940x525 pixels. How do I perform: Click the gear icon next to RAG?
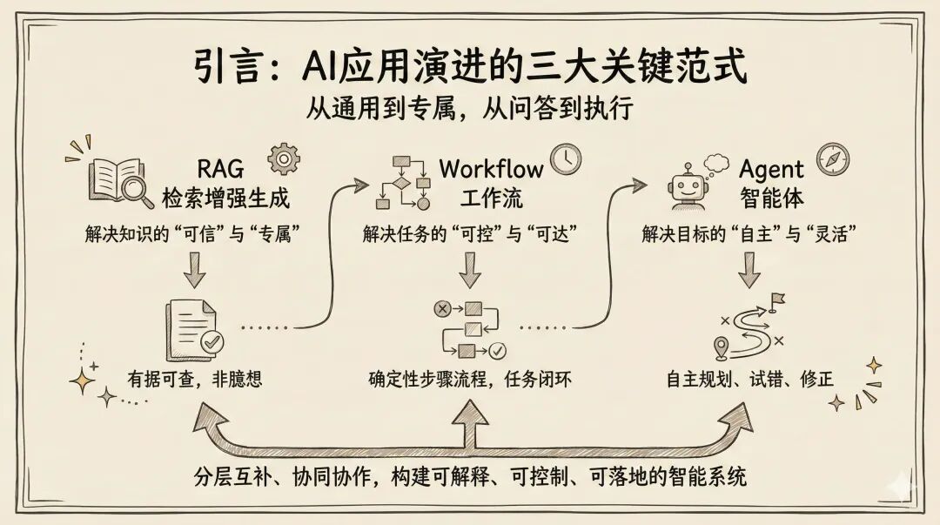coord(284,159)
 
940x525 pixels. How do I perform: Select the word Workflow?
coord(491,168)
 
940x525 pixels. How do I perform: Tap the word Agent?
coord(772,168)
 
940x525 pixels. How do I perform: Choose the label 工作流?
coord(491,198)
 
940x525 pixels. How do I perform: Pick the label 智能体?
coord(772,198)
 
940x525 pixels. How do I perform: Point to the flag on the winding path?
coord(777,300)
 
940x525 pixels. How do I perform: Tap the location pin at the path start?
coord(721,349)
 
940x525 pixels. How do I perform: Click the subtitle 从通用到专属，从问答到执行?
coord(470,111)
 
